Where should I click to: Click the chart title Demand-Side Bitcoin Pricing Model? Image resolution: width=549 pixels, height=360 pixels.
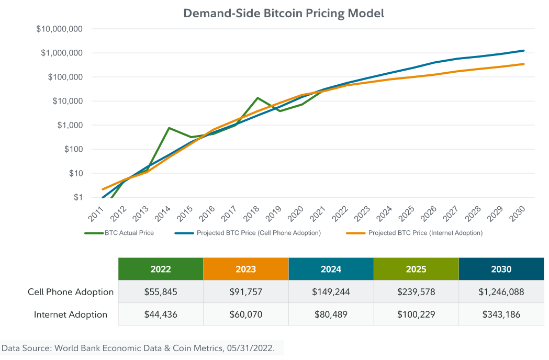point(283,14)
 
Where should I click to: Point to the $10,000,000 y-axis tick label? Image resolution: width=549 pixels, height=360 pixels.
point(59,29)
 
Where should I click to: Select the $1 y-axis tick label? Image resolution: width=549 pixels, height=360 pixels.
point(79,197)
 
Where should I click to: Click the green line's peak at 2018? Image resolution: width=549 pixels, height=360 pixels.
point(257,98)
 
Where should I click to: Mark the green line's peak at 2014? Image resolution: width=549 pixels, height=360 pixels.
point(169,128)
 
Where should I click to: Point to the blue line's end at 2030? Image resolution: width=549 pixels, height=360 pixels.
point(524,51)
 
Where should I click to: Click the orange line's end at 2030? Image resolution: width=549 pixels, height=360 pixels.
point(524,64)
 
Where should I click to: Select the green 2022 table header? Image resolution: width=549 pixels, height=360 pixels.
point(161,269)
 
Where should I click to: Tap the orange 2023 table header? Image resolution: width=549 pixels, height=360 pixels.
point(246,269)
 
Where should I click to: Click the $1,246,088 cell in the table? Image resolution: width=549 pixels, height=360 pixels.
point(501,292)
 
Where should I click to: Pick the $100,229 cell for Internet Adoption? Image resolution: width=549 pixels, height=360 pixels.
point(416,314)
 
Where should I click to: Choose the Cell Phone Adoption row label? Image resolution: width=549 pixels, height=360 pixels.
point(71,292)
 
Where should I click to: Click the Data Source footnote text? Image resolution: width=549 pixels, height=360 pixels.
point(138,348)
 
